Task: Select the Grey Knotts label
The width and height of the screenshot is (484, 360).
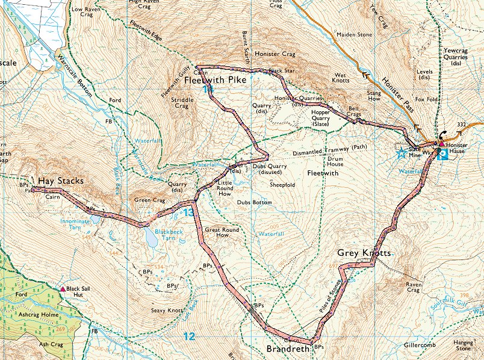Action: click(x=364, y=253)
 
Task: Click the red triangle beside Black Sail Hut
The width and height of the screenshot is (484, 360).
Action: click(x=63, y=289)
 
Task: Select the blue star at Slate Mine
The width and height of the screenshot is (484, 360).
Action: click(x=401, y=154)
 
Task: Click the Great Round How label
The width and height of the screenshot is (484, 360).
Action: click(x=222, y=232)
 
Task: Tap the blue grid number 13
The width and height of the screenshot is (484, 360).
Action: click(x=188, y=213)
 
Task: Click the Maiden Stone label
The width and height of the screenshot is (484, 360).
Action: click(x=355, y=35)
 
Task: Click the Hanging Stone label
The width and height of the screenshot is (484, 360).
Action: click(x=464, y=345)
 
